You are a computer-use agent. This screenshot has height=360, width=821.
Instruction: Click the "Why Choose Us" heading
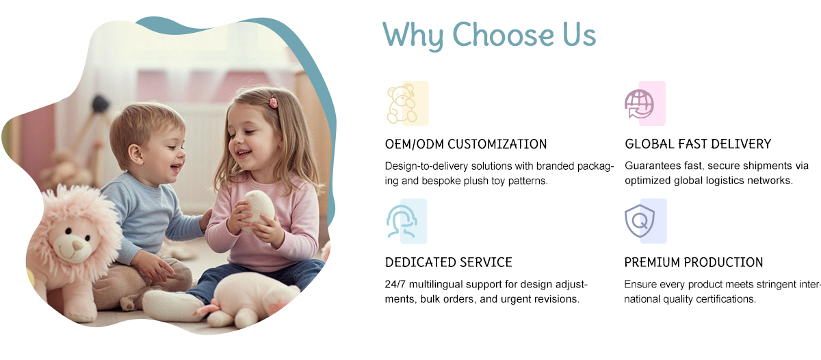pos(489,35)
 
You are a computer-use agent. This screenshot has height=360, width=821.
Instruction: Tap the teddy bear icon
pos(402,104)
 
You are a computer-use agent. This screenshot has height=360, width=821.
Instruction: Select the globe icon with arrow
pos(639,105)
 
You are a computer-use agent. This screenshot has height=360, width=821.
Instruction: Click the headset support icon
pos(402,222)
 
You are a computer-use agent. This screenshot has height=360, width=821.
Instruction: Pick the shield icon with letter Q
pos(640,221)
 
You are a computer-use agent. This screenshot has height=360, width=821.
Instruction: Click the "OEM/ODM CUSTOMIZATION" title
pos(466,144)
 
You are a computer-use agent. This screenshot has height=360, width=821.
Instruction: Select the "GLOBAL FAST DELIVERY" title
pos(698,144)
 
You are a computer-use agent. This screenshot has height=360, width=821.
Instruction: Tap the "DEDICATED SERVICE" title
pos(448,263)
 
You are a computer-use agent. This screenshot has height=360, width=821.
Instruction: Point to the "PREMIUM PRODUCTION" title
pos(694,263)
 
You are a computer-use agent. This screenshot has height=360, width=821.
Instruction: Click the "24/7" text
pos(395,285)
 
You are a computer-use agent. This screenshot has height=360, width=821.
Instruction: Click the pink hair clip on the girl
pos(274,102)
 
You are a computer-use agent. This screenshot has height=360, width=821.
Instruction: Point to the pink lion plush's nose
pos(77,244)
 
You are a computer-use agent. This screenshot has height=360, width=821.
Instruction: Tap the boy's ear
pos(135,154)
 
